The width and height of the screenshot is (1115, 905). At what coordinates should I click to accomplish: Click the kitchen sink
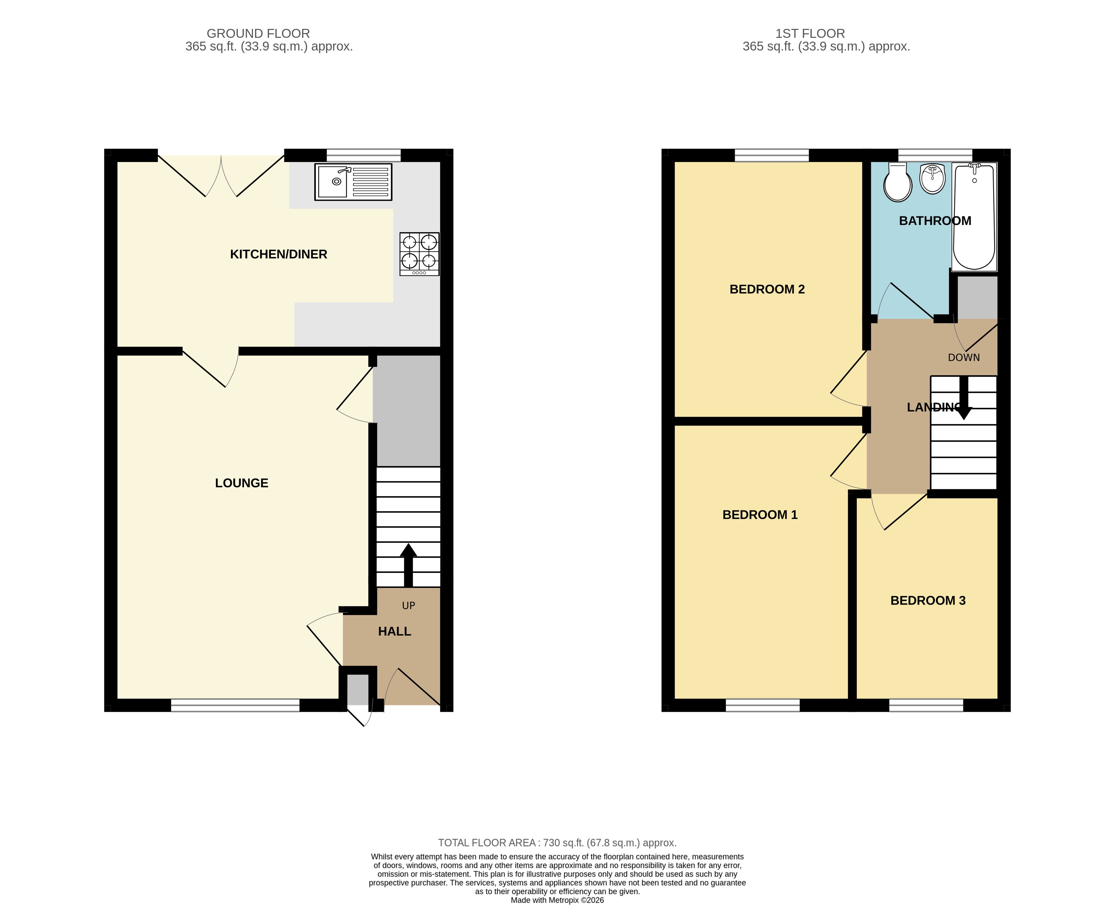(x=353, y=182)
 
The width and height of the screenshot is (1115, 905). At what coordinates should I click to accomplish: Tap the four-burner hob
(x=419, y=254)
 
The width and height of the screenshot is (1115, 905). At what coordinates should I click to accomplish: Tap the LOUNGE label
(x=241, y=483)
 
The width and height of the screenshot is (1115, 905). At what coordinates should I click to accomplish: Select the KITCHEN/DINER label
(x=279, y=255)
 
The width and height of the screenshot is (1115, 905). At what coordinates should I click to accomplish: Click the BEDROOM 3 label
(x=928, y=601)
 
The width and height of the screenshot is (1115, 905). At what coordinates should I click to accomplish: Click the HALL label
(x=394, y=632)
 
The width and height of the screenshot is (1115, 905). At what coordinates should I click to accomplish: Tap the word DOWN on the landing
(x=964, y=357)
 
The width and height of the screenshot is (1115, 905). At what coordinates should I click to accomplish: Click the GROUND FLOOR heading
(x=258, y=33)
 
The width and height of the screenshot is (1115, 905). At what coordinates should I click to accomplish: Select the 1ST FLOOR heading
(x=810, y=33)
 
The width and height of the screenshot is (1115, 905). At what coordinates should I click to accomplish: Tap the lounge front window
(x=235, y=705)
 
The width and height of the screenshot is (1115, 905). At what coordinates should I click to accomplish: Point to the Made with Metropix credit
(x=557, y=900)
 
